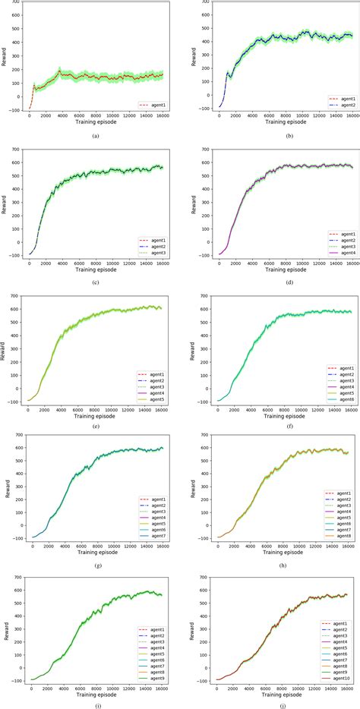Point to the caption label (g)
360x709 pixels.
pyautogui.click(x=95, y=565)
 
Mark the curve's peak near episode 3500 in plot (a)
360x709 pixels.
pyautogui.click(x=59, y=71)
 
